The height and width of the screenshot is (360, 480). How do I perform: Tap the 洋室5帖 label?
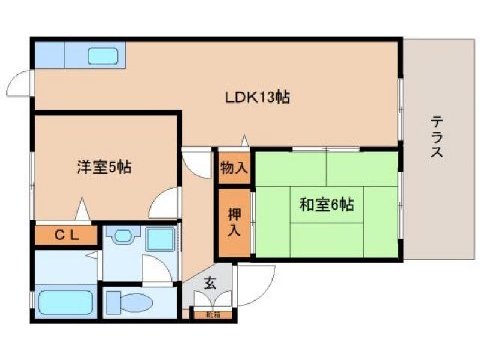pyautogui.click(x=104, y=167)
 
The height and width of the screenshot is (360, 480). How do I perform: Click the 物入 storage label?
pyautogui.click(x=233, y=169)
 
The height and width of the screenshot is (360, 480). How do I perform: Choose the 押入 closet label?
pyautogui.click(x=234, y=222)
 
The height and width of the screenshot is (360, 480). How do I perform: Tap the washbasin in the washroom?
pyautogui.click(x=120, y=237)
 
